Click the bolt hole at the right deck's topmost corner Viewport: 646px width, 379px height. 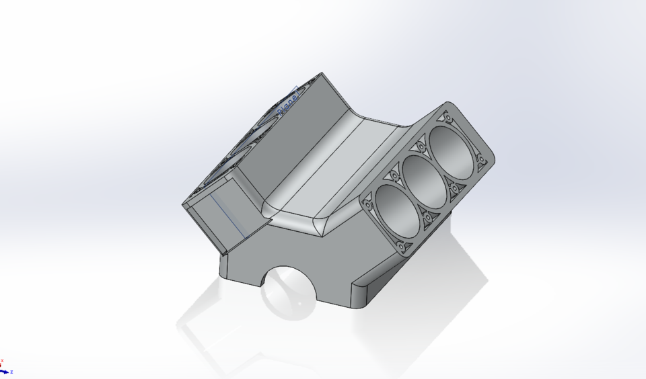click(445, 115)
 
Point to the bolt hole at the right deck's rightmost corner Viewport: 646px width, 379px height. click(481, 160)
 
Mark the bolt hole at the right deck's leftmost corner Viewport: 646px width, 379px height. click(368, 200)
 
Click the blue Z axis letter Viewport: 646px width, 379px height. click(11, 372)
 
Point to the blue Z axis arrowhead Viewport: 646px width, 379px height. click(6, 371)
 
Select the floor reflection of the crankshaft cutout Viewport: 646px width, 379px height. click(286, 302)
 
